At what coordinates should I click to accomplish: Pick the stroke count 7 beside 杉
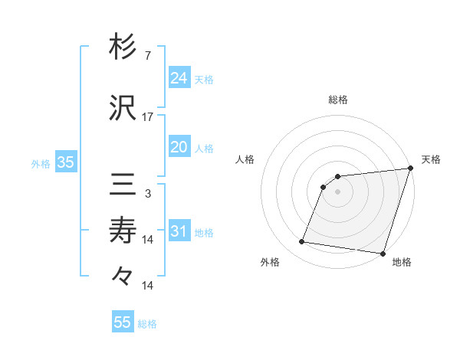tap(147, 55)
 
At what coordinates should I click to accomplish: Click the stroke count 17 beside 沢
tap(148, 117)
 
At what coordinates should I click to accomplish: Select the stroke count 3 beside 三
tap(147, 195)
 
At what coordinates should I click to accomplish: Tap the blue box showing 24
tap(179, 77)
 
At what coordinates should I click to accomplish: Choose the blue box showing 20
tap(179, 147)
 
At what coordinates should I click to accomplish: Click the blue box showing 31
tap(179, 231)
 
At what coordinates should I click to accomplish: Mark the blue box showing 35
tap(65, 162)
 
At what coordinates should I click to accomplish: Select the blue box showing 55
tap(123, 322)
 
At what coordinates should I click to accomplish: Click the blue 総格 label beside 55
tap(147, 324)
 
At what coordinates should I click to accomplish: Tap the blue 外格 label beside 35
tap(41, 163)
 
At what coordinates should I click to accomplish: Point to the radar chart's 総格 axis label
tap(338, 100)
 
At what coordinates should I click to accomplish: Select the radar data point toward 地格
tap(382, 254)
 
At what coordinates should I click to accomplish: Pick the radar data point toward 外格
tap(301, 242)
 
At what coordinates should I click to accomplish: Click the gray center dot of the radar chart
tap(337, 191)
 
